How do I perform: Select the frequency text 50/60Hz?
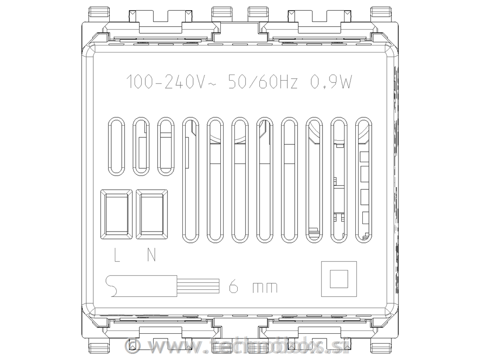click(262, 82)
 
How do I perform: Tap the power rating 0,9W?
click(331, 82)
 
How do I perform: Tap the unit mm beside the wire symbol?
click(265, 287)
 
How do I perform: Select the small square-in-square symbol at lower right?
click(338, 278)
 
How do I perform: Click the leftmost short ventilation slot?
click(117, 146)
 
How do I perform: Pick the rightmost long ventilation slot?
click(364, 180)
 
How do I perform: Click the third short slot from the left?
click(166, 146)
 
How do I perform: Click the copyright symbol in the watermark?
click(134, 346)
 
